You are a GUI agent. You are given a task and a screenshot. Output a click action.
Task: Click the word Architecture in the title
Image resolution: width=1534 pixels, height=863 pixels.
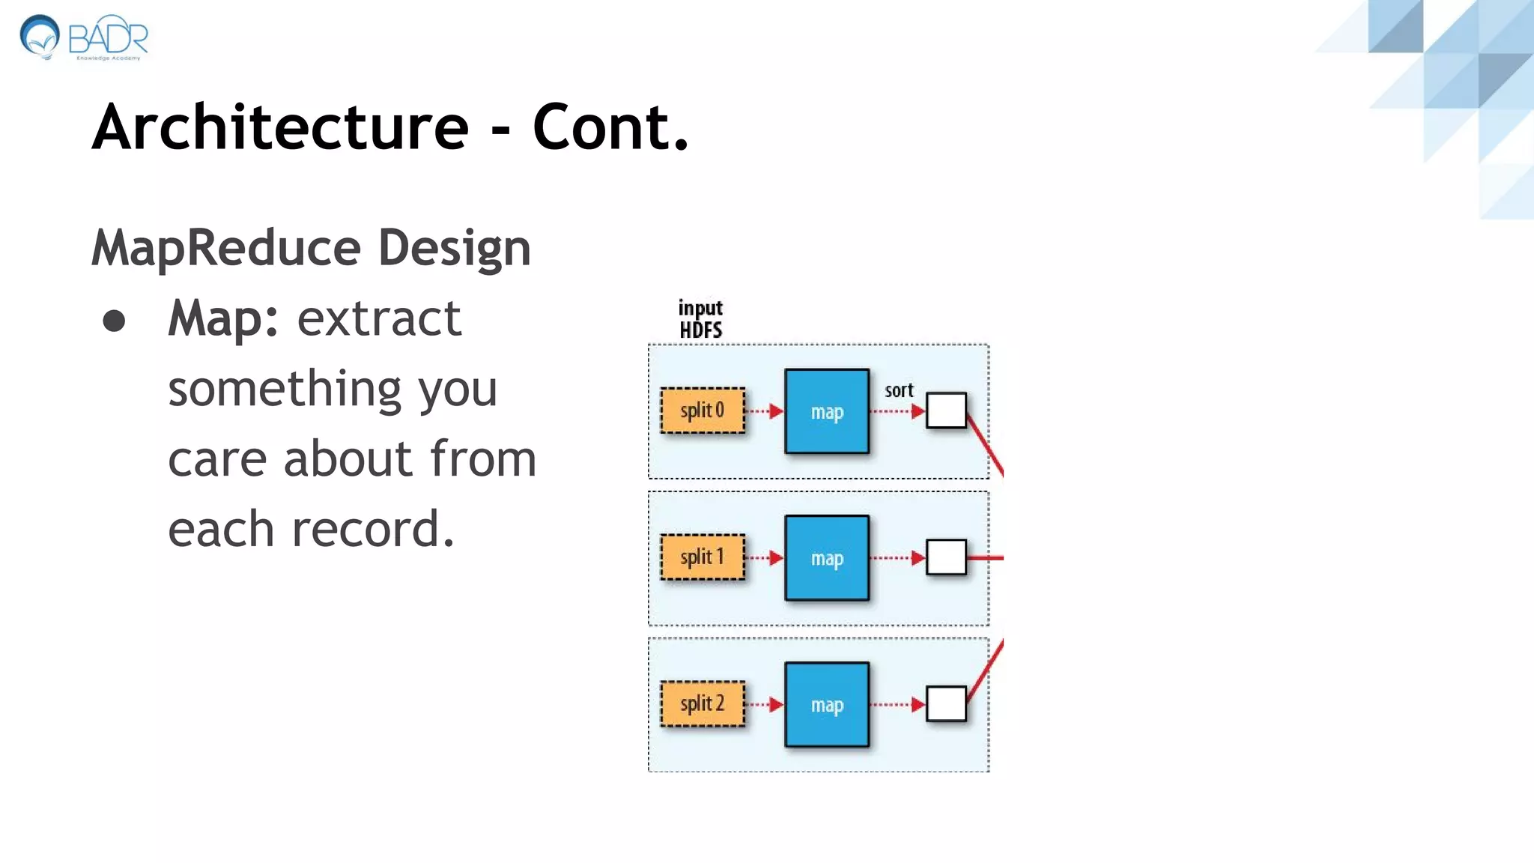pos(280,127)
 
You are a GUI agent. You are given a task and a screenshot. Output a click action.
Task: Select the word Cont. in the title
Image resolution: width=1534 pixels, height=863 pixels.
pos(610,127)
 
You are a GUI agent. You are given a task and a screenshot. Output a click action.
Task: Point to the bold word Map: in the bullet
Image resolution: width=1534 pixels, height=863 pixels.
pos(223,319)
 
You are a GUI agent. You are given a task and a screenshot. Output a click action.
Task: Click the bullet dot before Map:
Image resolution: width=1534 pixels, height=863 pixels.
pos(114,321)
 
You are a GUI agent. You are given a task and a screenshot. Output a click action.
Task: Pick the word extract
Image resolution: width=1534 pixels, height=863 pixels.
pos(379,319)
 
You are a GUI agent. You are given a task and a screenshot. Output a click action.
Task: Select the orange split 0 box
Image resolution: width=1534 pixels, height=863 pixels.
pos(703,411)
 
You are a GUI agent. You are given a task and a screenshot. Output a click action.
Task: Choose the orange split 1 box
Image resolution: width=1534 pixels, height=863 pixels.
pos(703,557)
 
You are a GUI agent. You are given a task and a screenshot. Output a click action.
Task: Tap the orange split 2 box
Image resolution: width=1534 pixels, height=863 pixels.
pos(703,704)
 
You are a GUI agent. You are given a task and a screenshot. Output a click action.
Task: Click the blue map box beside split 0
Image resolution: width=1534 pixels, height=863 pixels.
pos(827,411)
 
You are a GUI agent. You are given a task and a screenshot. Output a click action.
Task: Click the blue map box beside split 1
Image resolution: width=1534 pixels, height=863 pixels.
pos(827,558)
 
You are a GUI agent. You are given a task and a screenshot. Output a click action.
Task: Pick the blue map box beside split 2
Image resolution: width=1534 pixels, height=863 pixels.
pos(827,705)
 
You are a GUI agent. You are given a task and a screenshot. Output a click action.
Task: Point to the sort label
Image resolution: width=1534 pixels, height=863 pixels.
pos(899,390)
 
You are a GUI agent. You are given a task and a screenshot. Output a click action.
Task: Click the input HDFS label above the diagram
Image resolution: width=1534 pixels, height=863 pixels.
pos(700,319)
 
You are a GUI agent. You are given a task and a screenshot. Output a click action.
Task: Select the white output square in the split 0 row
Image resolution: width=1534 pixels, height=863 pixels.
pos(946,411)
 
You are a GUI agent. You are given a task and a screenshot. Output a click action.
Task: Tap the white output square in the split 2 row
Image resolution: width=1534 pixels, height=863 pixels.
pos(946,704)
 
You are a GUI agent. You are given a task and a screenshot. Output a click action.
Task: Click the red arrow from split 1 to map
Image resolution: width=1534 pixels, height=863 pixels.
pos(765,558)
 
